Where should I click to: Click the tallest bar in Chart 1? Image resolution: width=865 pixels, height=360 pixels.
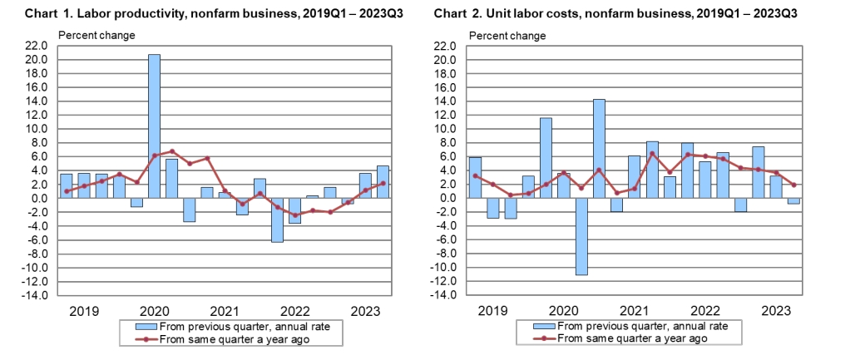154,126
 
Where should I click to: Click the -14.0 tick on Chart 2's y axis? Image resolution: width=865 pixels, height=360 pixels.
443,295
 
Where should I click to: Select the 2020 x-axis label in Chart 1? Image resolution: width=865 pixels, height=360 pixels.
153,312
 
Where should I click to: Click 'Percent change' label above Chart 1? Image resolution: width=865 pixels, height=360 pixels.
96,35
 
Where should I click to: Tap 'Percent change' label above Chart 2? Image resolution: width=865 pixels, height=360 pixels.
507,35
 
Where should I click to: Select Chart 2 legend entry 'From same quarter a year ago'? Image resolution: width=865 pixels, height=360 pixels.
632,338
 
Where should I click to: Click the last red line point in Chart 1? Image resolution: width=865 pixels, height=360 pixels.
382,183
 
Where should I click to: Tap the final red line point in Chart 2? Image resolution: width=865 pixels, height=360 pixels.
793,185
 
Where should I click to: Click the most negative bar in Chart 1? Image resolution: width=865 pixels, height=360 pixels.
277,219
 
